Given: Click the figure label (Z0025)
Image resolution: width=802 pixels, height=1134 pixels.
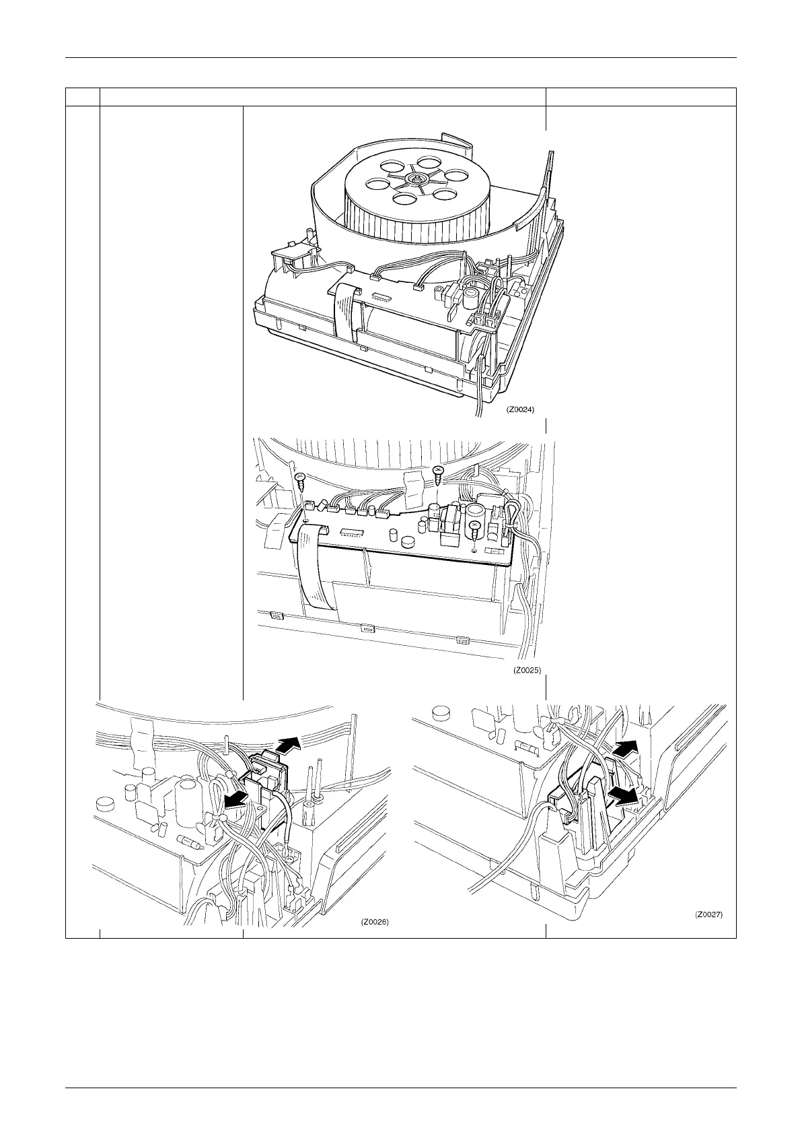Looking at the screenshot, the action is [x=527, y=670].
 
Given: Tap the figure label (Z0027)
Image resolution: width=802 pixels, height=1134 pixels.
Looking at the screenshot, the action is [x=708, y=915].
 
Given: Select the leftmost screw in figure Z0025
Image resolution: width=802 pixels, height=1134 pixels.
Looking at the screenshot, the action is [x=300, y=481].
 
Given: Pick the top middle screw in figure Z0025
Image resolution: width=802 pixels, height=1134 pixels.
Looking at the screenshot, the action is [x=439, y=475].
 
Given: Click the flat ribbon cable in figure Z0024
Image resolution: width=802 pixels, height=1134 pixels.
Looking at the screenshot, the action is [x=344, y=310].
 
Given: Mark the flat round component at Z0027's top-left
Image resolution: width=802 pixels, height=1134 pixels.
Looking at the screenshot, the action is [x=441, y=712].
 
